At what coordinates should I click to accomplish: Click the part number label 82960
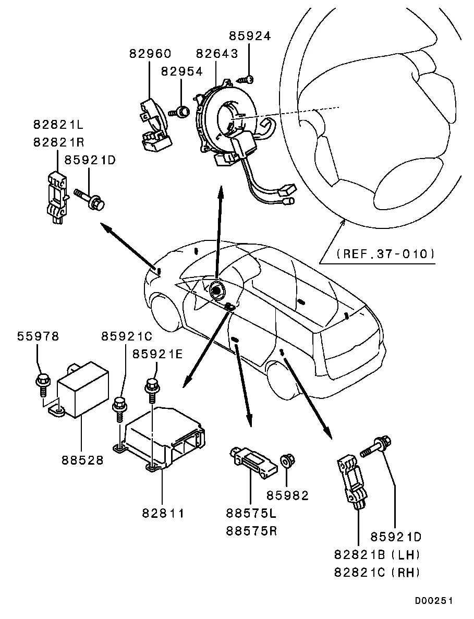[x=150, y=54]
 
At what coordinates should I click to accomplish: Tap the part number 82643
[x=217, y=54]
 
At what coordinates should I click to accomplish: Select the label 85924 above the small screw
[x=250, y=37]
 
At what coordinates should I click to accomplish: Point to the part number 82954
[x=181, y=71]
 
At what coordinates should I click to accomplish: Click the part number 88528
[x=82, y=460]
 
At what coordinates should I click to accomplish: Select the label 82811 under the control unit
[x=163, y=513]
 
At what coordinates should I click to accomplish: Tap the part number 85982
[x=288, y=495]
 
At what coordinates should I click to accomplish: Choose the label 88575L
[x=251, y=514]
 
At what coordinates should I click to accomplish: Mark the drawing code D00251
[x=434, y=601]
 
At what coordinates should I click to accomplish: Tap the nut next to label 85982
[x=286, y=461]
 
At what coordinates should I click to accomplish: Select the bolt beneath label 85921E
[x=152, y=387]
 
